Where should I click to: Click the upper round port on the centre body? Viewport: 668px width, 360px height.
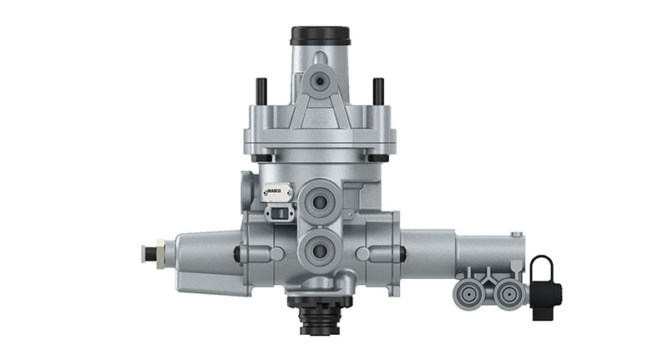(319, 200)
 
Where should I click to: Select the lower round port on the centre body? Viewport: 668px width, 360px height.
(319, 248)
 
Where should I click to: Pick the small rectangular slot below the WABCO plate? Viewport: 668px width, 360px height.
(275, 214)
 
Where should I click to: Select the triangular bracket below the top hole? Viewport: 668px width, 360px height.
(318, 109)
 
